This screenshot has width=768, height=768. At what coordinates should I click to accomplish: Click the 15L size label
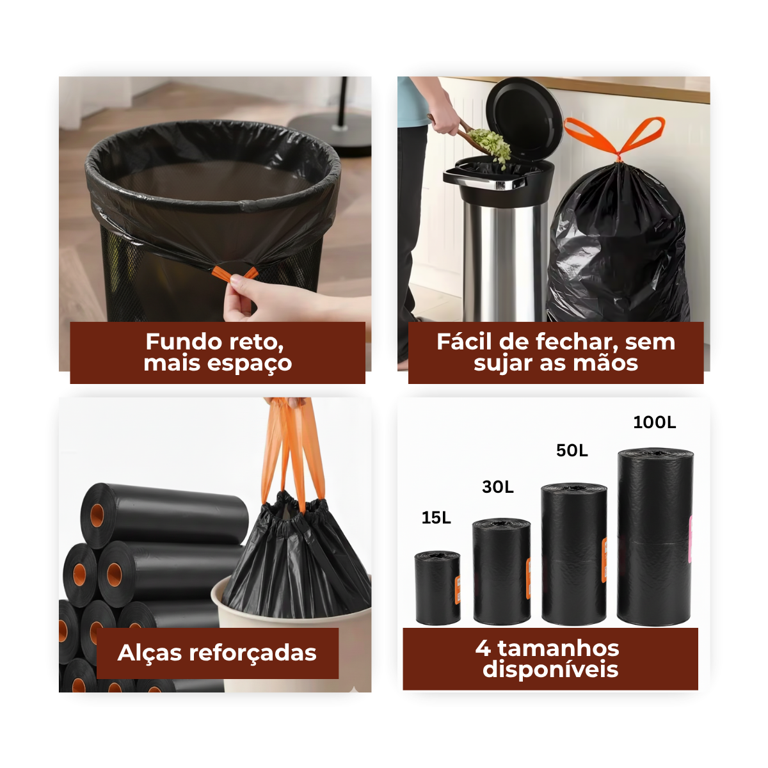tap(436, 518)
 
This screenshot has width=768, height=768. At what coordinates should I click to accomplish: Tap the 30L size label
tap(498, 486)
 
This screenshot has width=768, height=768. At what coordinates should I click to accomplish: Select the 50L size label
tap(572, 451)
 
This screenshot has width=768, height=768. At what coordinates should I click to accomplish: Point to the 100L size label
tap(655, 422)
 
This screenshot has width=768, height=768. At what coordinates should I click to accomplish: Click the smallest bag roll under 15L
tap(438, 588)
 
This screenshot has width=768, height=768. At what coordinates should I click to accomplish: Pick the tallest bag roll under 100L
tap(655, 536)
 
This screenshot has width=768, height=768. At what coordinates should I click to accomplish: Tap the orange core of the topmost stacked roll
tap(97, 515)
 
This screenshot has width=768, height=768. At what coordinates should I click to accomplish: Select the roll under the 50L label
tap(574, 554)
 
